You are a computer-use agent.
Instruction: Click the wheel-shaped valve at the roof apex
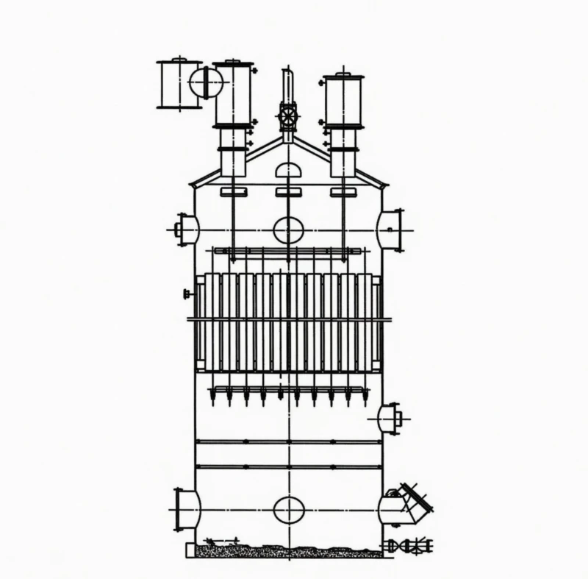[288, 116]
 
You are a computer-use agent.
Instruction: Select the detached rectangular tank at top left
[178, 84]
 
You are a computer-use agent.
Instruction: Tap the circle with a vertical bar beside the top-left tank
[206, 82]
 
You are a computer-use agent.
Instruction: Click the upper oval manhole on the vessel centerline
[289, 230]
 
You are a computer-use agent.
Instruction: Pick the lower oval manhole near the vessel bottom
[289, 509]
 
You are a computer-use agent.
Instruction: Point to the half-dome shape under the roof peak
[289, 171]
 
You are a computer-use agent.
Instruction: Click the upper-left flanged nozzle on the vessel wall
[187, 230]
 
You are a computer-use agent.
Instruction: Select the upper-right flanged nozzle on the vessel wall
[390, 230]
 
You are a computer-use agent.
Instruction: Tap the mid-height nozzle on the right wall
[389, 419]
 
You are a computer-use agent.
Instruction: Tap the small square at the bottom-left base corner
[190, 550]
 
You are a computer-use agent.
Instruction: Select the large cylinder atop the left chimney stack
[234, 94]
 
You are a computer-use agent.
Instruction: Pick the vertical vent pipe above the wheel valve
[288, 85]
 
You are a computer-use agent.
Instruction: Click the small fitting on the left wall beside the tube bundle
[187, 294]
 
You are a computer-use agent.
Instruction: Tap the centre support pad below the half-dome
[289, 192]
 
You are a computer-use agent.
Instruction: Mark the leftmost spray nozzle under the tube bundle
[212, 398]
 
